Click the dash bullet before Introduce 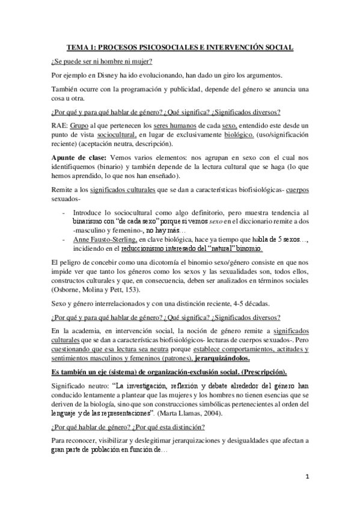coord(64,213)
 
